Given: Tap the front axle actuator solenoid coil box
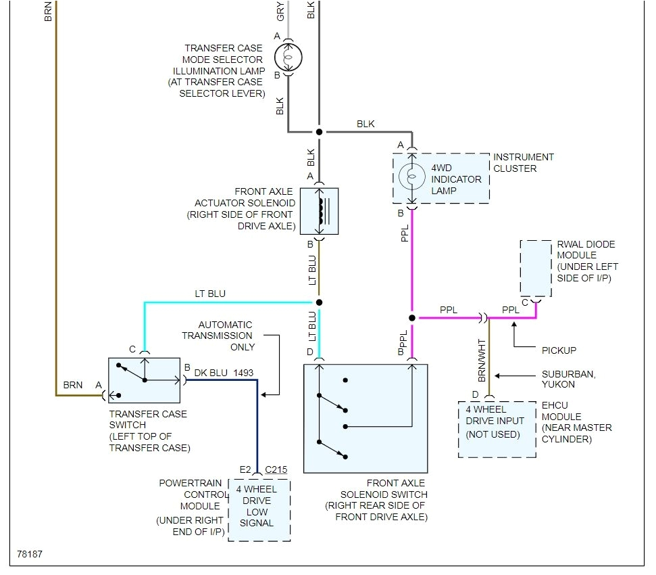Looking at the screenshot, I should (319, 211).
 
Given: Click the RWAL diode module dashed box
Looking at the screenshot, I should (536, 267).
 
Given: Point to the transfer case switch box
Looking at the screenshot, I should (144, 381).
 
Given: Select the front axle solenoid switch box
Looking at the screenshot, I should (365, 418).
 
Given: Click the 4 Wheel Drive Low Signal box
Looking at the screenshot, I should (259, 510).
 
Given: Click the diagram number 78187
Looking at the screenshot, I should (30, 555).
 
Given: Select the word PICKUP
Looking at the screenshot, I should (559, 350).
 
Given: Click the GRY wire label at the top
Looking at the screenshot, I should (280, 11).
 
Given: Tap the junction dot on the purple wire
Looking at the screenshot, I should (411, 317).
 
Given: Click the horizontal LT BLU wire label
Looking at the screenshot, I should (211, 294).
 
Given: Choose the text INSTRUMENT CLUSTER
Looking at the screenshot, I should (524, 162).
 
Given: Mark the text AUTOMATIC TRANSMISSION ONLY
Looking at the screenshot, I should (225, 336).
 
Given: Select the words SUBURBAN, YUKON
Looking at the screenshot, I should (567, 379).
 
